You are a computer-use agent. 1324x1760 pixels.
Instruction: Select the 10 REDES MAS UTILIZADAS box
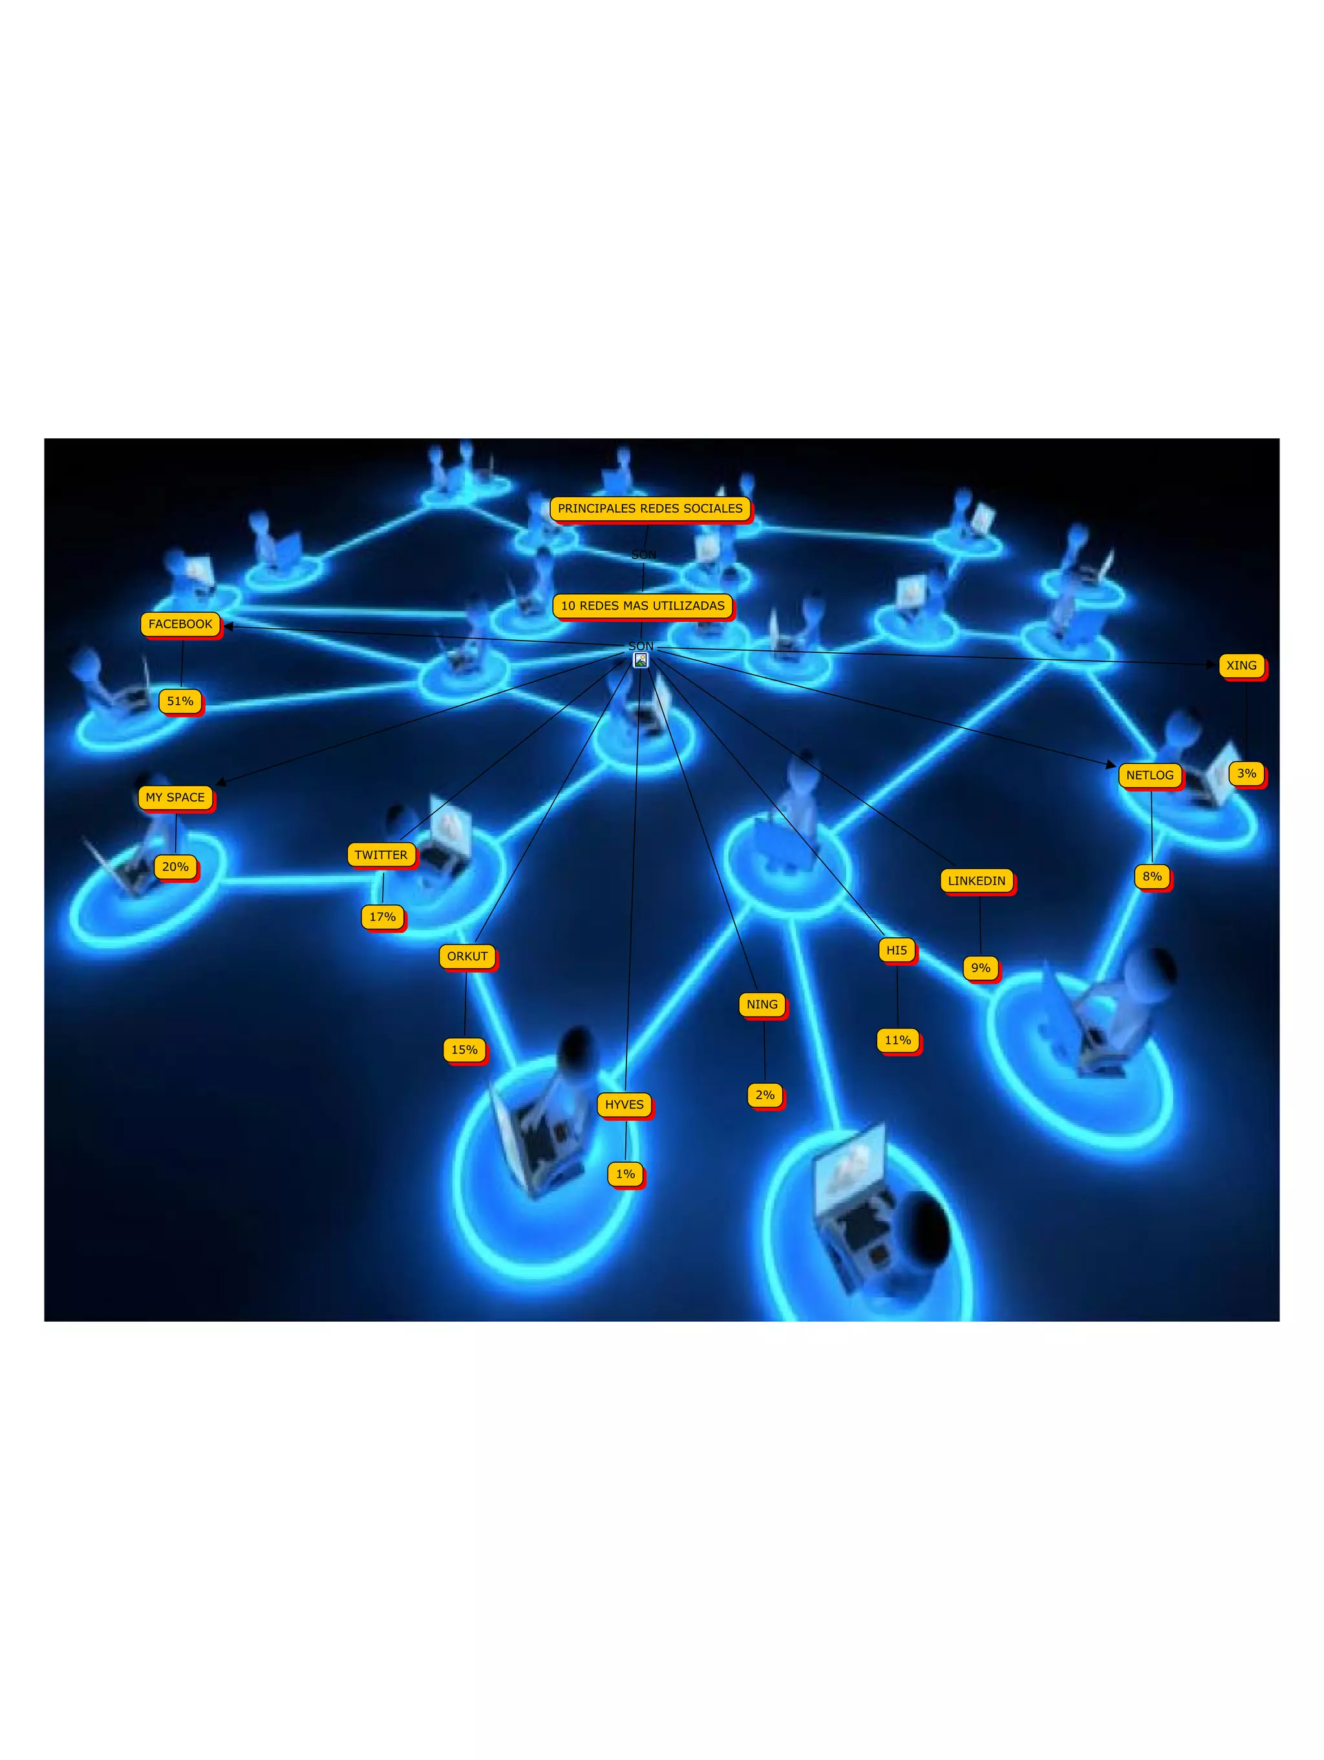point(642,606)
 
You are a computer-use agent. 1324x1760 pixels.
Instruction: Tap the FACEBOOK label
point(180,624)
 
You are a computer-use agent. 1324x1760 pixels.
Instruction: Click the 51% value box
point(180,701)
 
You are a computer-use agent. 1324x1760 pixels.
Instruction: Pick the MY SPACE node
point(175,797)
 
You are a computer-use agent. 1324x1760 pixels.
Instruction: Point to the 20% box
point(175,867)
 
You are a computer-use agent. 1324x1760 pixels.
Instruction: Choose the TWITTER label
point(381,854)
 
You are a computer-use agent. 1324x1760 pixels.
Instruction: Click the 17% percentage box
point(383,917)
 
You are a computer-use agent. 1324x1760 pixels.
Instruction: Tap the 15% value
point(465,1050)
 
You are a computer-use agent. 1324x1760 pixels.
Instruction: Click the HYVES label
point(624,1105)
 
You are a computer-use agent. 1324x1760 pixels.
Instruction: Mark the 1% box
point(625,1174)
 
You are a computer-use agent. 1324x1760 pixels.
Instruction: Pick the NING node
point(762,1004)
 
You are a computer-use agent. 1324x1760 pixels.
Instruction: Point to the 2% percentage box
point(765,1095)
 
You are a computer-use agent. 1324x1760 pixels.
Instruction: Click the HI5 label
point(897,950)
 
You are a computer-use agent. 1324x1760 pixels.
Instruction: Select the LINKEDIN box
point(976,881)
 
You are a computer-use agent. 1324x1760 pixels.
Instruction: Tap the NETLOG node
point(1149,775)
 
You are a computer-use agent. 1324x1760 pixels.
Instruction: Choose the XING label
point(1241,665)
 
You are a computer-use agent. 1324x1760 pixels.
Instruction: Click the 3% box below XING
point(1246,774)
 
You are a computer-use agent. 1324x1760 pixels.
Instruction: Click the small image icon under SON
point(641,660)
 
